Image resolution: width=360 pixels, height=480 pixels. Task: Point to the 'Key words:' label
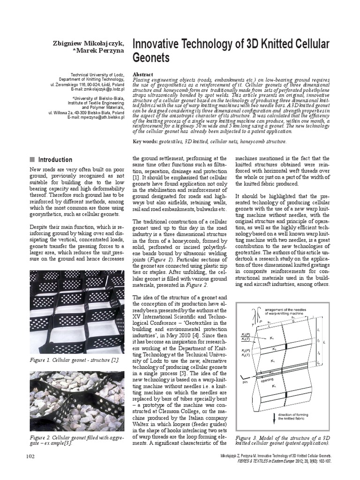click(x=145, y=141)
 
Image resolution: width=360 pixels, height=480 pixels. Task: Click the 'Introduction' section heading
click(x=55, y=159)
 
